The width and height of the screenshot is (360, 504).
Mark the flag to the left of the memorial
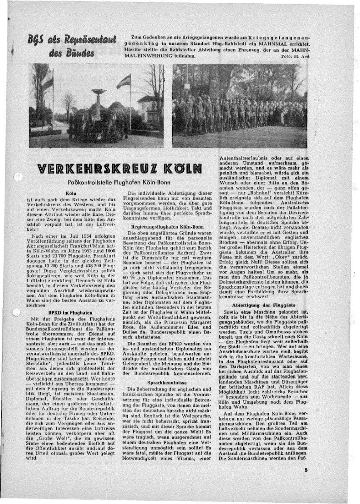tap(47, 79)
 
